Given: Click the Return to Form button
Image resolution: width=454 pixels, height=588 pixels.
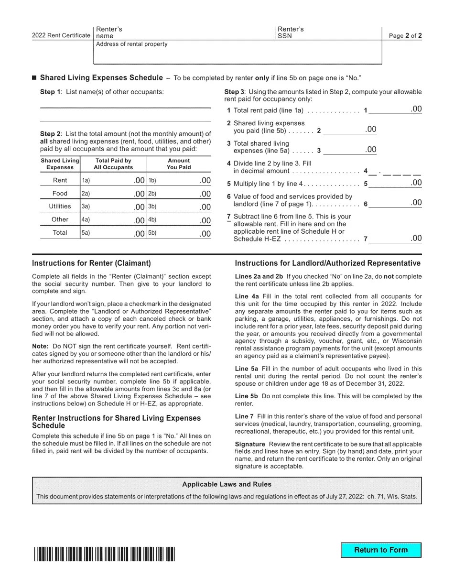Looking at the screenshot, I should (381, 550).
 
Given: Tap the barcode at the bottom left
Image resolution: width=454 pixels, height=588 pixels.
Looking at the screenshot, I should (104, 554).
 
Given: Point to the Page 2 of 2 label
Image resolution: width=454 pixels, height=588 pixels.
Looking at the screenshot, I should (405, 36).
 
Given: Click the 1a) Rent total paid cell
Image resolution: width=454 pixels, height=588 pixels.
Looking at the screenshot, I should (113, 180).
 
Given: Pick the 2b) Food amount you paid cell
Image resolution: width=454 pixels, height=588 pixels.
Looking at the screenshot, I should (179, 194).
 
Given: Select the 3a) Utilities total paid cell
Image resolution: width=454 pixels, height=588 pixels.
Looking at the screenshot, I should (113, 207).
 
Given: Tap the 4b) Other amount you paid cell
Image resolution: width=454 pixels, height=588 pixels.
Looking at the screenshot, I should (179, 220).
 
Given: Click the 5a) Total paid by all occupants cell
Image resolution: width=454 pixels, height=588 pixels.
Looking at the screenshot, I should (113, 233).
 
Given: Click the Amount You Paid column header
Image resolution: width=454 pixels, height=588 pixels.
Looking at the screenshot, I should (179, 164).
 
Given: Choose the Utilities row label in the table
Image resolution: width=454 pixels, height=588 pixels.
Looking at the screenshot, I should (60, 207).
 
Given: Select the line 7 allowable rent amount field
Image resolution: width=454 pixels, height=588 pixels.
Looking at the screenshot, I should (395, 239).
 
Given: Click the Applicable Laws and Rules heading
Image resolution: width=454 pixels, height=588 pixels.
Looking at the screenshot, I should (227, 484).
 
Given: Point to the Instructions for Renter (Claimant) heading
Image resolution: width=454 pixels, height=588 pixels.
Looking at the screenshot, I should (91, 263).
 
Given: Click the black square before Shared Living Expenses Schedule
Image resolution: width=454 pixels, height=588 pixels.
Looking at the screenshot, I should (34, 78).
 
